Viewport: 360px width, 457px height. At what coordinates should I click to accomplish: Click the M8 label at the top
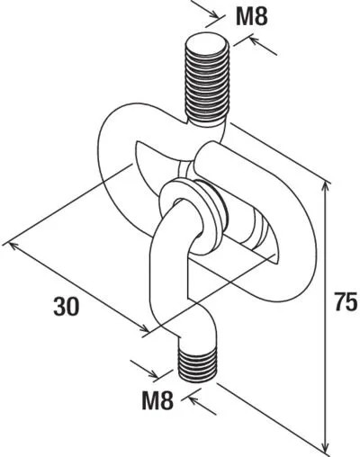pyautogui.click(x=251, y=16)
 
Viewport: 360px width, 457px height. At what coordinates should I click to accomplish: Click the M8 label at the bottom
pyautogui.click(x=157, y=400)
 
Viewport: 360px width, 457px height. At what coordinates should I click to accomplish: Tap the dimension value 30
pyautogui.click(x=67, y=307)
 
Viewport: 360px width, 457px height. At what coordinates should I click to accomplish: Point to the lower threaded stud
pyautogui.click(x=197, y=363)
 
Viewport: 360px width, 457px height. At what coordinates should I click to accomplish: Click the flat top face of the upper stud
pyautogui.click(x=207, y=42)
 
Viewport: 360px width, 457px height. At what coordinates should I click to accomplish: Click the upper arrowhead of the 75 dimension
pyautogui.click(x=325, y=187)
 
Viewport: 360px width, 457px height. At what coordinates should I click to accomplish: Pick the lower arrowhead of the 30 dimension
pyautogui.click(x=144, y=328)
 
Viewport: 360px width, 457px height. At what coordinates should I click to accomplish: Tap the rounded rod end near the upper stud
pyautogui.click(x=207, y=156)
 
